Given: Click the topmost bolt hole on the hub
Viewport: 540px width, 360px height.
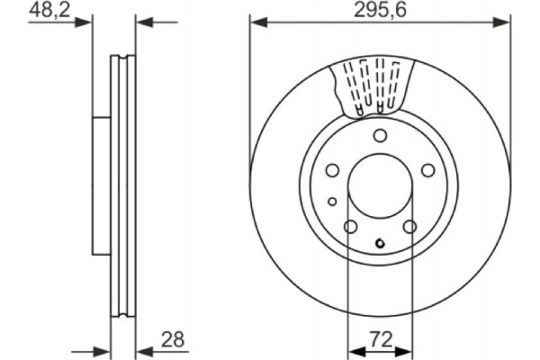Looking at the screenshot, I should click(x=380, y=136).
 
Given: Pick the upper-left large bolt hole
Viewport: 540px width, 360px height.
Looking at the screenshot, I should click(x=332, y=170).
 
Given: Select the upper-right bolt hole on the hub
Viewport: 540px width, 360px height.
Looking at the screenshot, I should click(x=427, y=170).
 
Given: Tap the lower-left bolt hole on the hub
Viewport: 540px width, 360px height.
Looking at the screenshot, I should click(x=350, y=227).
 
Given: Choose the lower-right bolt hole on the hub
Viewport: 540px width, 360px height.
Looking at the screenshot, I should click(x=409, y=227).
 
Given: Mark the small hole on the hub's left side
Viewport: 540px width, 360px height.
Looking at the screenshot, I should click(x=332, y=201).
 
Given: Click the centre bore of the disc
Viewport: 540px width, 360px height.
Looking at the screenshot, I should click(x=380, y=187).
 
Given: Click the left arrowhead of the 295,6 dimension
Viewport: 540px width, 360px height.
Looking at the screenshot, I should click(x=255, y=22).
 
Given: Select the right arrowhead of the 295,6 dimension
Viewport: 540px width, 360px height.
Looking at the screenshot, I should click(x=505, y=22).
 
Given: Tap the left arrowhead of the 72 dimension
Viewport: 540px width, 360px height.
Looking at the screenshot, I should click(x=353, y=348).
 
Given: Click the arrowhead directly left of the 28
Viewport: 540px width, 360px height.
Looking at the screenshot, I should click(x=141, y=348).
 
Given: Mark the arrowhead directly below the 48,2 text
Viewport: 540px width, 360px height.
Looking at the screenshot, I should click(x=87, y=22).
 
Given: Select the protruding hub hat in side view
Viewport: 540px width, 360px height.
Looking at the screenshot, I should click(x=102, y=185).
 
